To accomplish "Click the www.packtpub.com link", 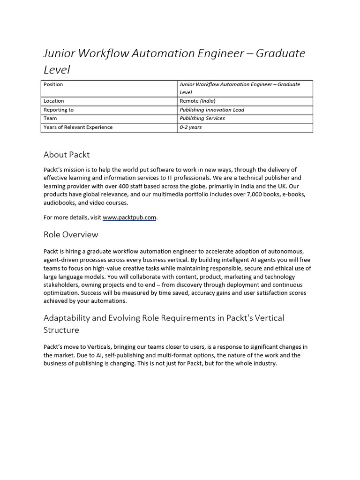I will pyautogui.click(x=129, y=217).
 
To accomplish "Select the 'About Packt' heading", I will pyautogui.click(x=67, y=154).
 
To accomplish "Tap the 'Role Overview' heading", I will pyautogui.click(x=71, y=234).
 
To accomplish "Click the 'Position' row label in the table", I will pyautogui.click(x=53, y=84).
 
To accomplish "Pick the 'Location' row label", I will pyautogui.click(x=53, y=101).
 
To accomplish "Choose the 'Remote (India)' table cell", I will pyautogui.click(x=197, y=101).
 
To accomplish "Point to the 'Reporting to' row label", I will pyautogui.click(x=58, y=110).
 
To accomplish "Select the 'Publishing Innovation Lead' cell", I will pyautogui.click(x=212, y=110).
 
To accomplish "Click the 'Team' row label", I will pyautogui.click(x=50, y=118).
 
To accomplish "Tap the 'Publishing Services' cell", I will pyautogui.click(x=202, y=118).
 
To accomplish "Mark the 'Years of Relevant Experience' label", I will pyautogui.click(x=78, y=127).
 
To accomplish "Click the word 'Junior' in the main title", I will pyautogui.click(x=59, y=53).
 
